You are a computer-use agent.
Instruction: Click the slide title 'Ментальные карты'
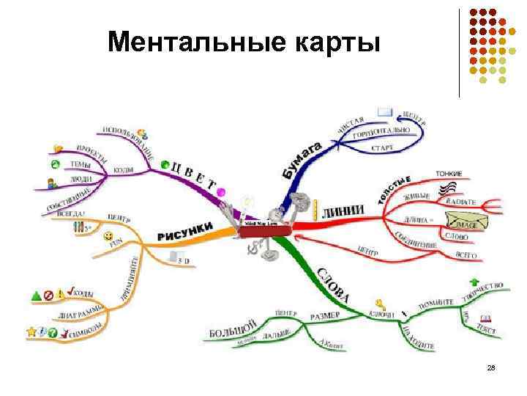(244, 43)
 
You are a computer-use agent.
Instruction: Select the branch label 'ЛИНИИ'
(343, 210)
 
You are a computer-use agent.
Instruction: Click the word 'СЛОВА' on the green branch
(332, 287)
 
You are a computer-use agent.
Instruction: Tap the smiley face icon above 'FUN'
(108, 236)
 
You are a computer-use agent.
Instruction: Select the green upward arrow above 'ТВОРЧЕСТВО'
(474, 282)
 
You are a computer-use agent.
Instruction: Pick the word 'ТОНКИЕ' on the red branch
(449, 174)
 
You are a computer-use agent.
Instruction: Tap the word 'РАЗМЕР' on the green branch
(325, 315)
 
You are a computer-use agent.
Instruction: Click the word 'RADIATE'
(460, 201)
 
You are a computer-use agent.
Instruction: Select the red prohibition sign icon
(48, 296)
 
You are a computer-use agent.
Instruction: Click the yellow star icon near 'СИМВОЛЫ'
(31, 332)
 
